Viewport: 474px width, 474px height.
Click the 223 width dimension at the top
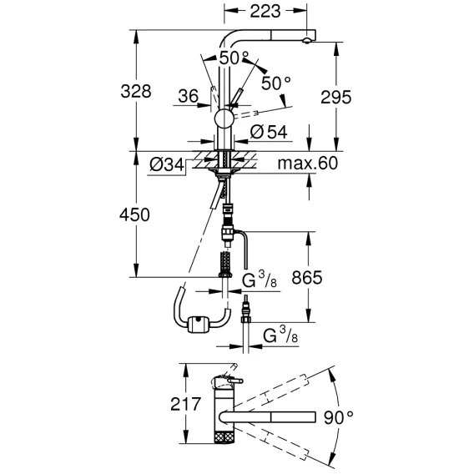(265, 12)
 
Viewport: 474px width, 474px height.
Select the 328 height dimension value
(136, 91)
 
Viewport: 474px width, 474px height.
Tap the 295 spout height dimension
(335, 98)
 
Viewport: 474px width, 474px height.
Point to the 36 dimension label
(188, 96)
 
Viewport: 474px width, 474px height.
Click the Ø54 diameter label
(269, 132)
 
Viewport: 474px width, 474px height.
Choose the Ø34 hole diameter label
(167, 165)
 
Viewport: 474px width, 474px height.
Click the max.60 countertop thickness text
(307, 164)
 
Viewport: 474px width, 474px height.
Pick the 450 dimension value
(134, 215)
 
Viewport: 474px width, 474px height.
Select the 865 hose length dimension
(307, 278)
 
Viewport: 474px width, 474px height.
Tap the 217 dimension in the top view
(185, 404)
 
